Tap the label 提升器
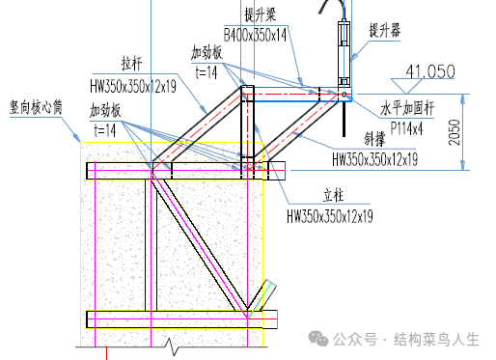(x=385, y=30)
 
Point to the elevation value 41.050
(x=430, y=70)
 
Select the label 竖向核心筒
(x=35, y=107)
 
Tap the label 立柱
(x=330, y=196)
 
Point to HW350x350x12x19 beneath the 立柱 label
(x=329, y=215)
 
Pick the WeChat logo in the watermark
(x=319, y=339)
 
